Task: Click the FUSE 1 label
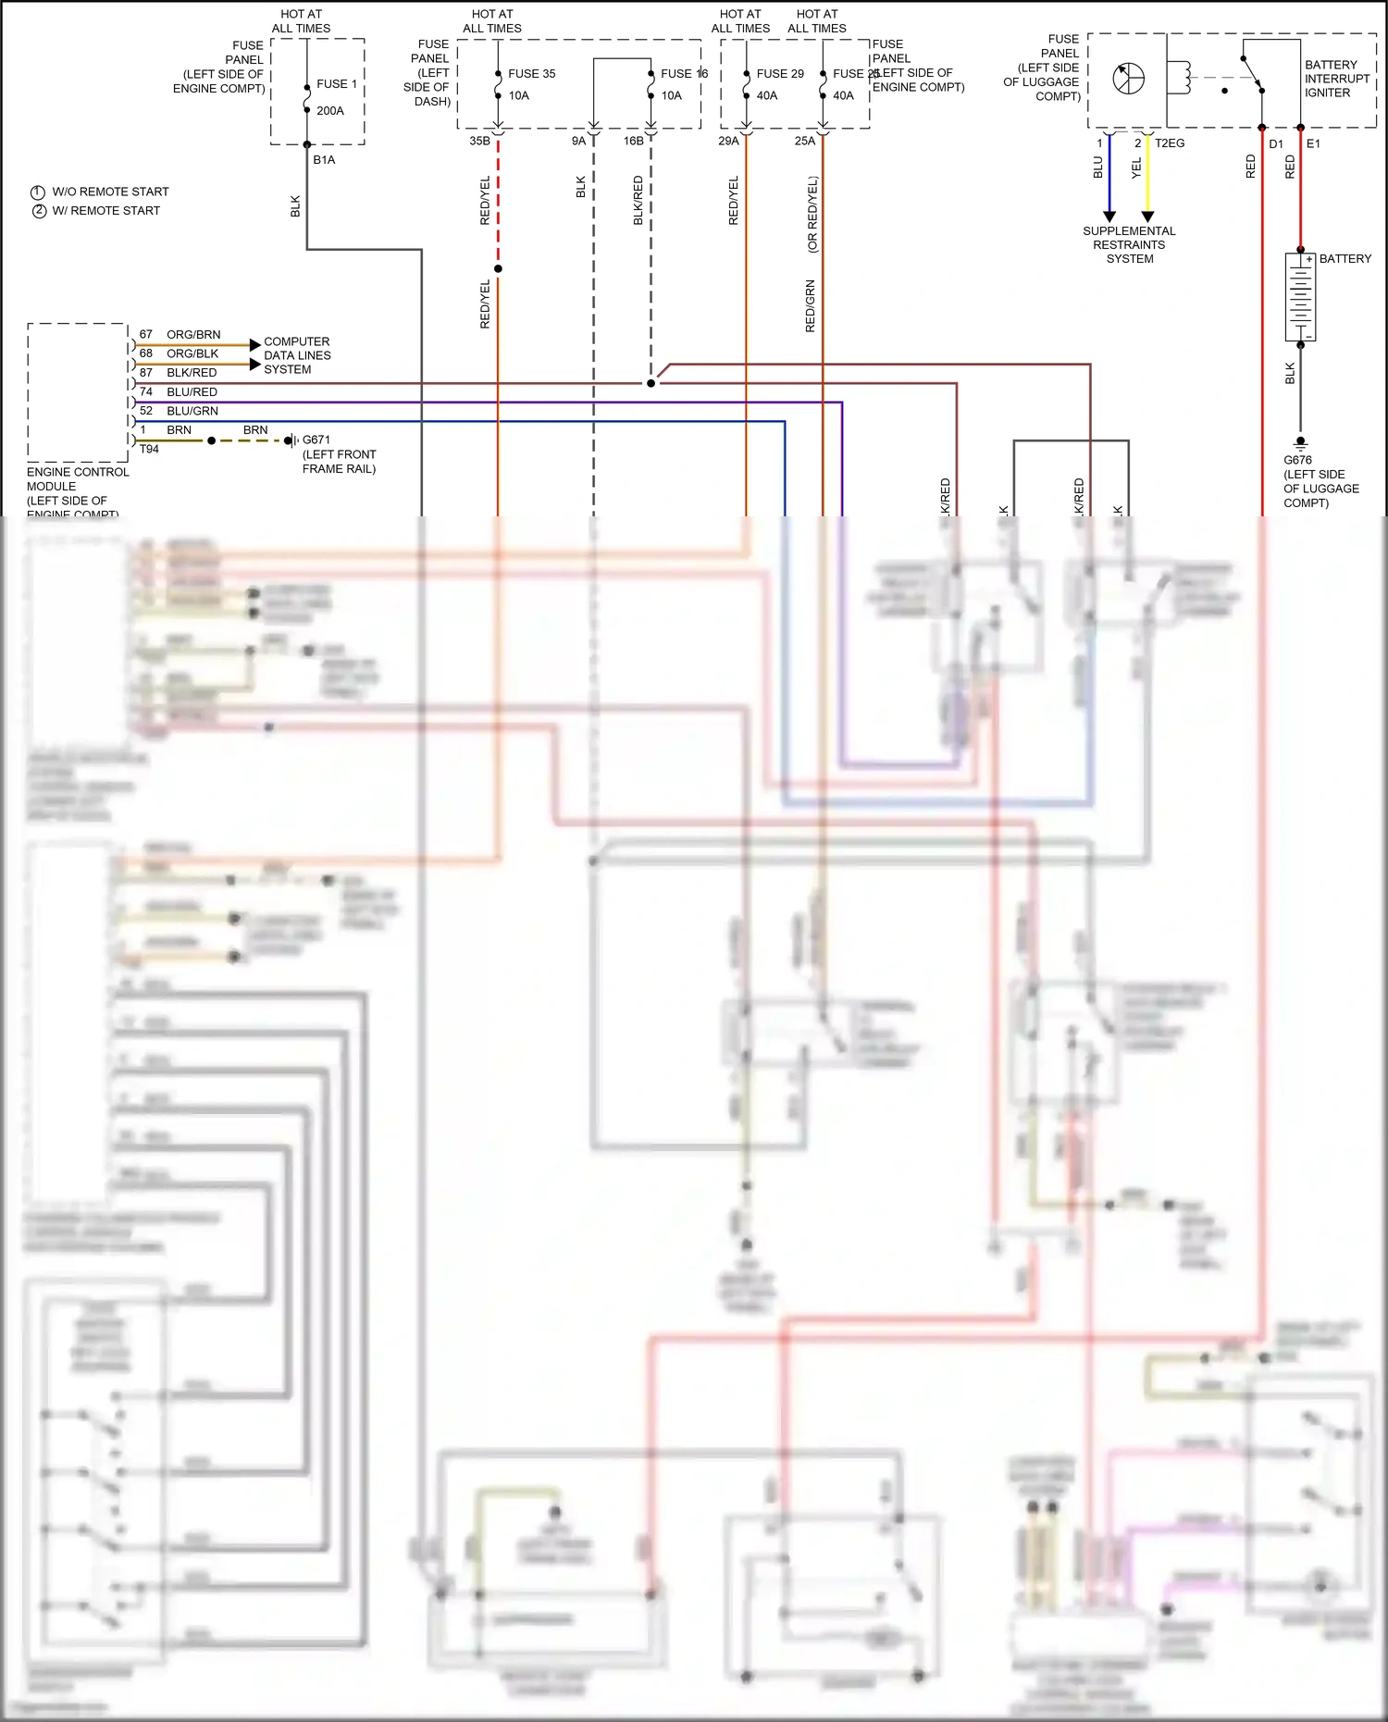point(336,84)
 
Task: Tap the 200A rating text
point(329,111)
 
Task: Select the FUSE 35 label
point(531,74)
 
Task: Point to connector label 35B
point(479,142)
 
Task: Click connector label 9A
point(578,142)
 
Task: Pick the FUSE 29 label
point(779,74)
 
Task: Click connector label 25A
point(804,142)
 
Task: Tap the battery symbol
point(1300,297)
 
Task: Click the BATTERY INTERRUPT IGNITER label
point(1336,79)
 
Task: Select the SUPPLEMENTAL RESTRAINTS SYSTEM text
point(1129,245)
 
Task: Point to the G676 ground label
point(1297,460)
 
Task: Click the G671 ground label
point(316,440)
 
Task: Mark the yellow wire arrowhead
point(1147,217)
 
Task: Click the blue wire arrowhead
point(1109,217)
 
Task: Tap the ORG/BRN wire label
point(193,335)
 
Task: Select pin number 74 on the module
point(146,392)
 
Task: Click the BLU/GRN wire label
point(192,411)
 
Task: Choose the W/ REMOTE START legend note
point(105,211)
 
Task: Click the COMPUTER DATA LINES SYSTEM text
point(296,355)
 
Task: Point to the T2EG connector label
point(1170,143)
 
